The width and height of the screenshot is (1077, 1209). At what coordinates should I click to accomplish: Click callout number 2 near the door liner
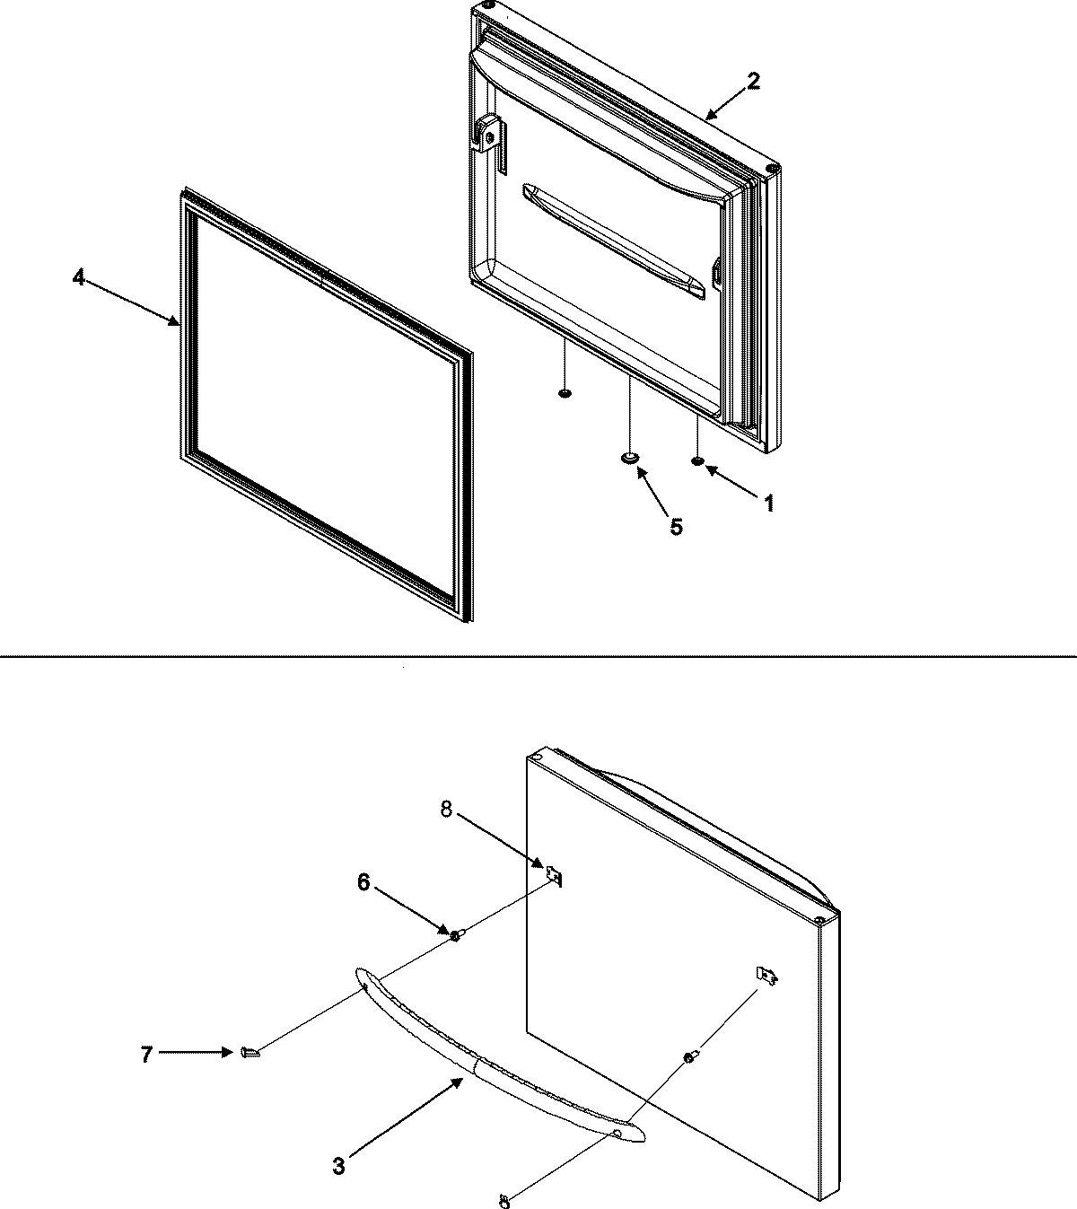(x=753, y=81)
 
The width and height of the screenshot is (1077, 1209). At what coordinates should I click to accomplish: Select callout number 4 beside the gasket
(x=79, y=279)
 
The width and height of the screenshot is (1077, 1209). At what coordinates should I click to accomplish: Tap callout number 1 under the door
(x=768, y=504)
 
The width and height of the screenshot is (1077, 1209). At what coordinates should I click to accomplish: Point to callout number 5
(x=675, y=527)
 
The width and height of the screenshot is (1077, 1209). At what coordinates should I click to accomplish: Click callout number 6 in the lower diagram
(x=363, y=882)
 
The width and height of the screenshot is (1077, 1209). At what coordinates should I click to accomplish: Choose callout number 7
(x=146, y=1055)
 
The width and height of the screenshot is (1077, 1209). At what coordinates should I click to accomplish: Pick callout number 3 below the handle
(x=338, y=1167)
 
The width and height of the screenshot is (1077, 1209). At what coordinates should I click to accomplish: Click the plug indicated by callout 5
(x=631, y=459)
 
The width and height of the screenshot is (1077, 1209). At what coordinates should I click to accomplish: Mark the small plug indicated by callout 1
(x=696, y=462)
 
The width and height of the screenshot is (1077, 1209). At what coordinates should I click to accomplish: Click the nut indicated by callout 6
(x=455, y=936)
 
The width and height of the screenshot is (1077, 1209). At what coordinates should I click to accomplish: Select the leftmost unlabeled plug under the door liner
(x=565, y=393)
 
